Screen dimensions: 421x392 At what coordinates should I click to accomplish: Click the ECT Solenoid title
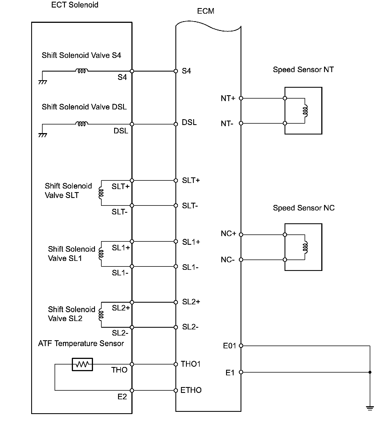click(75, 5)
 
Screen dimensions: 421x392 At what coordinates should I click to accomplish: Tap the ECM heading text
click(205, 11)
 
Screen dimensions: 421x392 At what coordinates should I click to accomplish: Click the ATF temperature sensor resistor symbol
click(82, 364)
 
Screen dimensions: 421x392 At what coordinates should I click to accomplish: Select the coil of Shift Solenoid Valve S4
click(82, 71)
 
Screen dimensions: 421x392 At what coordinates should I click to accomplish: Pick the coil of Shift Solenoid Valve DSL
click(82, 124)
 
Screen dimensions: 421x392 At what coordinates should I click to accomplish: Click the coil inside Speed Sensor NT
click(305, 111)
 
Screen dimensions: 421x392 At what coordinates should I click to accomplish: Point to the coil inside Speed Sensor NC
click(305, 247)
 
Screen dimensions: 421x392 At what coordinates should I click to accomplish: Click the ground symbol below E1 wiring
click(370, 408)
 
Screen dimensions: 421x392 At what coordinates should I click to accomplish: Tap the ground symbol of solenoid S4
click(43, 82)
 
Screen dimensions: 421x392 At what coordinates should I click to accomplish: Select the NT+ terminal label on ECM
click(228, 98)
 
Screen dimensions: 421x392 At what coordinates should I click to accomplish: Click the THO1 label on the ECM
click(191, 364)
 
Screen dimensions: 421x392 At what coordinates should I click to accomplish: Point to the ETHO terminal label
click(191, 390)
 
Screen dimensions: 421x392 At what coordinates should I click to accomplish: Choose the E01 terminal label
click(229, 346)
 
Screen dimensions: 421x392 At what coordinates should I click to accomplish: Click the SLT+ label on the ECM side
click(191, 180)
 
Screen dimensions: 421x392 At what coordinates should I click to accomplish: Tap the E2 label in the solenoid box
click(122, 396)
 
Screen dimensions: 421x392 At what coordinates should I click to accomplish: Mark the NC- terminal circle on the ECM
click(241, 260)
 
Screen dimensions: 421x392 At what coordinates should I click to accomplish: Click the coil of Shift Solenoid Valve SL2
click(101, 315)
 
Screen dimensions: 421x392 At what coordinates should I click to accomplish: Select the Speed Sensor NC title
click(303, 208)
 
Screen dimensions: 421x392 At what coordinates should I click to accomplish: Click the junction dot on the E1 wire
click(370, 372)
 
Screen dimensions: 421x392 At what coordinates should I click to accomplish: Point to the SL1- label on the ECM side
click(190, 267)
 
